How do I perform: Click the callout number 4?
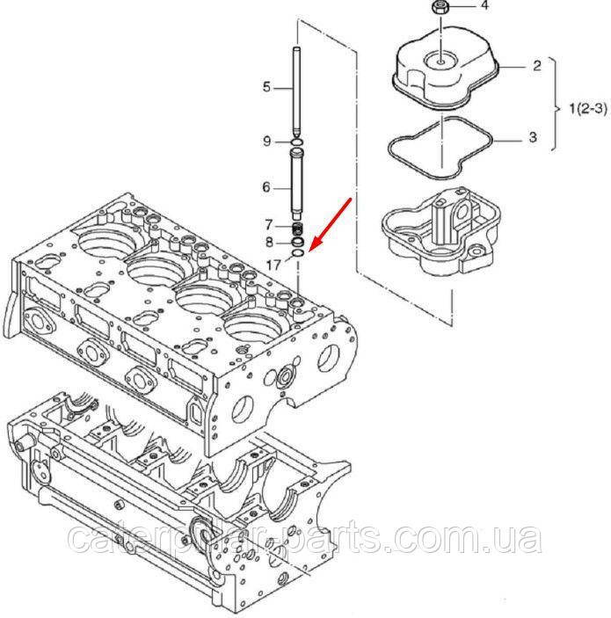point(484,5)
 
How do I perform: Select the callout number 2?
point(537,66)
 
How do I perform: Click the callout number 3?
point(533,137)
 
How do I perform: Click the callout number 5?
point(267,87)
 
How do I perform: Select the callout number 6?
point(266,187)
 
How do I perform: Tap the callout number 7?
point(268,225)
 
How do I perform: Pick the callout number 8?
point(269,242)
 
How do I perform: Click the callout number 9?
point(267,142)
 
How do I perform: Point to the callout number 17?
point(273,265)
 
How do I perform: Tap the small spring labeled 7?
point(298,229)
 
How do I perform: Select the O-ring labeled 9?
point(297,142)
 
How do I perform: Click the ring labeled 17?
point(298,253)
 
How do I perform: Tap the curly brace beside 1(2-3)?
point(556,105)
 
